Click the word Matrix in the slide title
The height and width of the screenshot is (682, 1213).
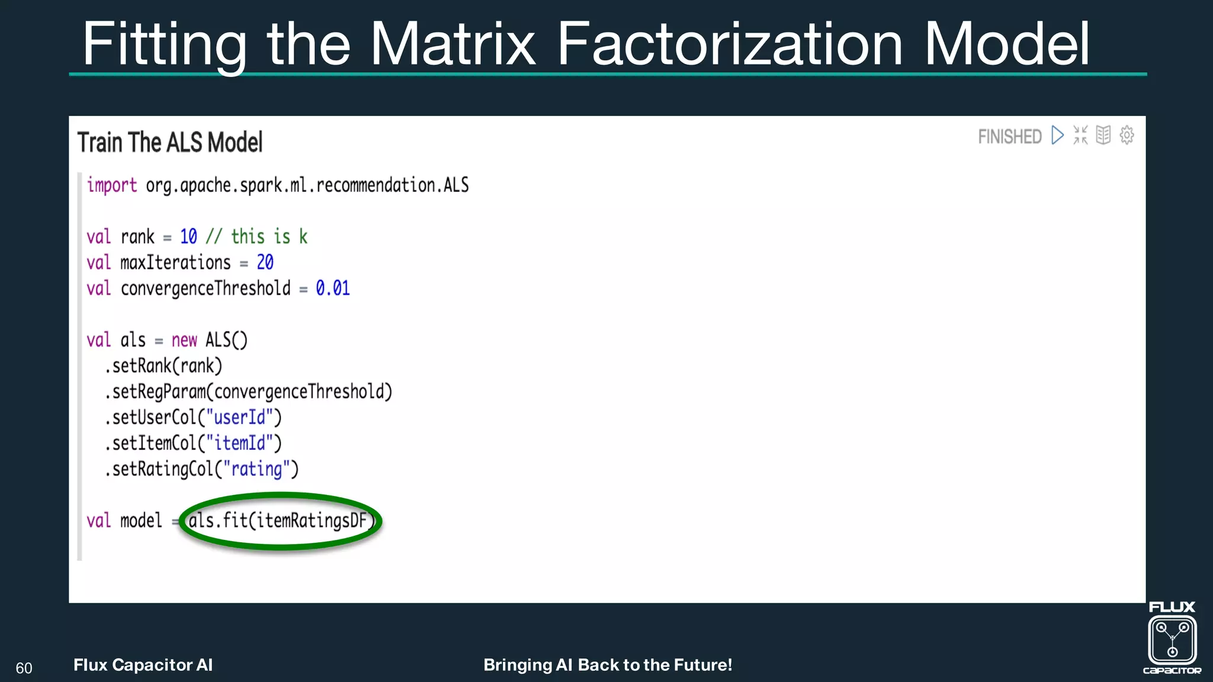(x=453, y=44)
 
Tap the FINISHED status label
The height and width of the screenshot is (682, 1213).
(x=1009, y=137)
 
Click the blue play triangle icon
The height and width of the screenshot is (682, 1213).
(x=1057, y=135)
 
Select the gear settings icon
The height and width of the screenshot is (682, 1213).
(x=1127, y=135)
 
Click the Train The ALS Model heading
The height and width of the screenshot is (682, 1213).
(x=170, y=143)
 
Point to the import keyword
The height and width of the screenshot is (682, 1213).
(x=112, y=185)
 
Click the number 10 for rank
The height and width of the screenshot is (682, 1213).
(x=188, y=237)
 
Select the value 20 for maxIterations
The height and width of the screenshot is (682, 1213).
(x=265, y=262)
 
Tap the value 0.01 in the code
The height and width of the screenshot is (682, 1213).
(x=332, y=288)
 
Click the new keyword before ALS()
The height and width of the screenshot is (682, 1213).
(x=184, y=340)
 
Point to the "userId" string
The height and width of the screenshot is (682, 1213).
(x=239, y=417)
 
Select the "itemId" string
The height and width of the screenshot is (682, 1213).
(x=239, y=443)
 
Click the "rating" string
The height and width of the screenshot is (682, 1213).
(x=256, y=469)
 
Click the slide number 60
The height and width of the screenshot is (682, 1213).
(x=24, y=668)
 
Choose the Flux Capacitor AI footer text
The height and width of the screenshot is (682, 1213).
(x=143, y=665)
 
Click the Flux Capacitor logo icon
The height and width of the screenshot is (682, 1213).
(x=1172, y=639)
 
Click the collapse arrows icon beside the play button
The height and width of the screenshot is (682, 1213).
(x=1080, y=135)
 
